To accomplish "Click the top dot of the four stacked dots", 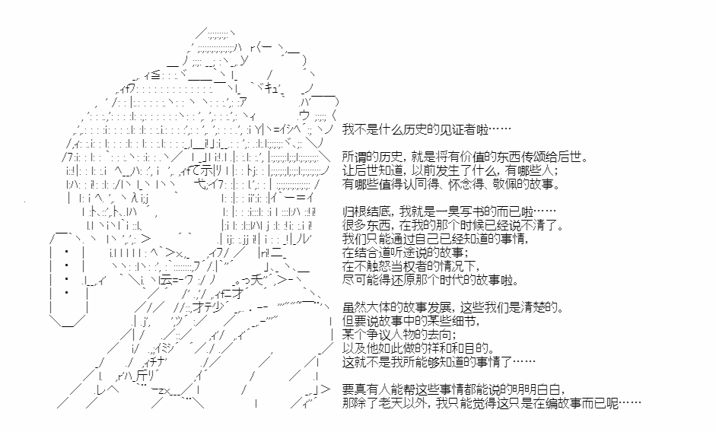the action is coord(67,251).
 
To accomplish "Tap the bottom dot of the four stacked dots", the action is coord(67,292).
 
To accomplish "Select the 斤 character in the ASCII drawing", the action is coord(141,376).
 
